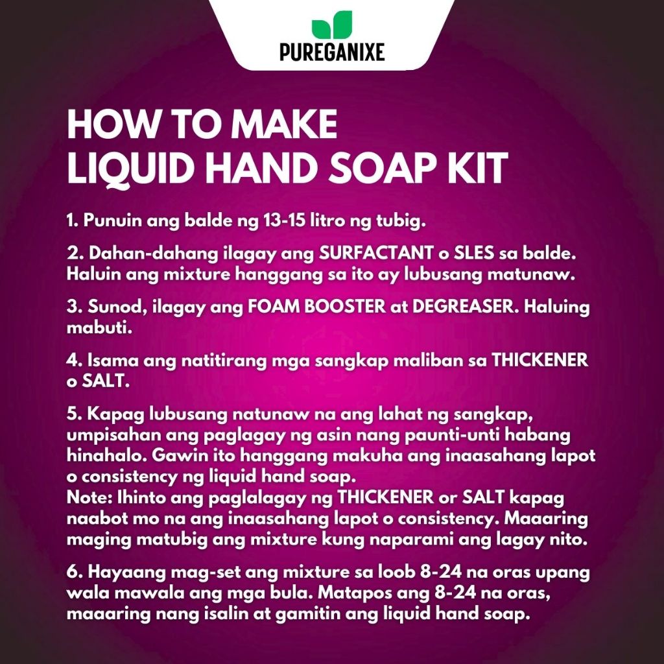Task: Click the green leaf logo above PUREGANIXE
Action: (332, 25)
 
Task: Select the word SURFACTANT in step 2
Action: (375, 254)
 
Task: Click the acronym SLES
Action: (473, 254)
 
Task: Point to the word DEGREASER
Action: (465, 307)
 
